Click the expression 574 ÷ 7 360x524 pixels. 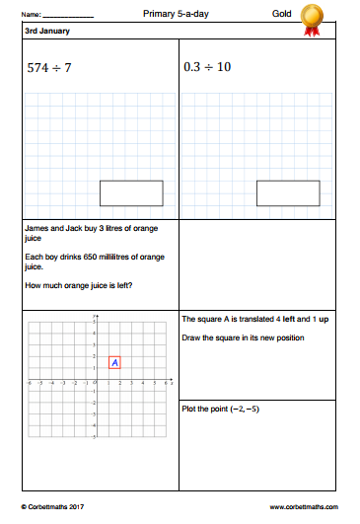coord(51,69)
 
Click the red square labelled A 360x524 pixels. coord(114,362)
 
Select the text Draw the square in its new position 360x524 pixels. coord(243,338)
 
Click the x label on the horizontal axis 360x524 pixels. coord(174,379)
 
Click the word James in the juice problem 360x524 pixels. coord(35,227)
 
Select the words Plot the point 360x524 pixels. coord(207,409)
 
